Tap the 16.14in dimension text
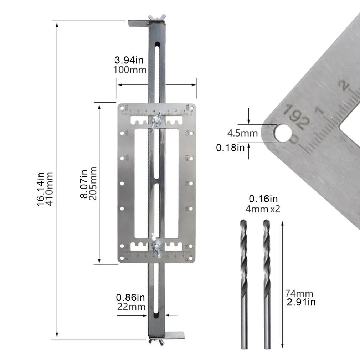[x=40, y=189]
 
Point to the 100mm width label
[x=130, y=69]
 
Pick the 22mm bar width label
[x=131, y=307]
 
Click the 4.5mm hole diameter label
[x=242, y=133]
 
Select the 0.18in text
[x=231, y=147]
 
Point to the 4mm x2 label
[x=263, y=209]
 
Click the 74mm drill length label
[x=299, y=294]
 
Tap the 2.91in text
[x=301, y=302]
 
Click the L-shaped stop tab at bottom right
[x=174, y=335]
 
